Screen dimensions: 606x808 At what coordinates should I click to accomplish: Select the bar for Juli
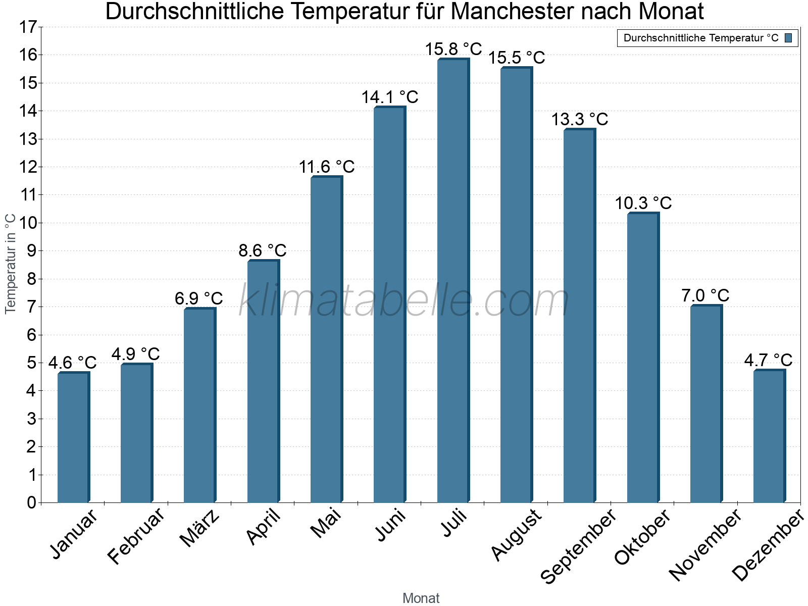453,281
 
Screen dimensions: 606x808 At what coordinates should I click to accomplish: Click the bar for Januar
73,437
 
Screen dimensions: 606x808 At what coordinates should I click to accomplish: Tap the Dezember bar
769,436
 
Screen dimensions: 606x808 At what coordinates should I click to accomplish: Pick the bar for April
263,381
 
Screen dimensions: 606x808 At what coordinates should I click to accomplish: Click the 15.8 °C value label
453,49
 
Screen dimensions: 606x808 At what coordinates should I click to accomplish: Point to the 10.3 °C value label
643,203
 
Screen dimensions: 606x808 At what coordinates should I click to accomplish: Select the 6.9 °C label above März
199,298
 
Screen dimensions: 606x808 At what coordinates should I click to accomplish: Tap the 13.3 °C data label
579,119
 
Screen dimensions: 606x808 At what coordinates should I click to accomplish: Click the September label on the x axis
579,546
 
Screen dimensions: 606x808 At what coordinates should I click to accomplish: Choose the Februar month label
136,535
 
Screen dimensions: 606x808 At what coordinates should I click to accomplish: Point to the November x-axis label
705,544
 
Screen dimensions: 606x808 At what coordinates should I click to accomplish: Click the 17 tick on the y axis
28,27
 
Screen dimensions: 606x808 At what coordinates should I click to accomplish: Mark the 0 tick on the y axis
31,502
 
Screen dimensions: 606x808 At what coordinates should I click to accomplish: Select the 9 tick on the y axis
31,251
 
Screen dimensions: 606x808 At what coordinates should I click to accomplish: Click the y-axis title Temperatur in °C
11,264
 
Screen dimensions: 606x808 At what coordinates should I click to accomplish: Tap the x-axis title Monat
421,598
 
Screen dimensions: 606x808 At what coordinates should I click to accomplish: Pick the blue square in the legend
788,38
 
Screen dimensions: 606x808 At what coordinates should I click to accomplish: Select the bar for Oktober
643,358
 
